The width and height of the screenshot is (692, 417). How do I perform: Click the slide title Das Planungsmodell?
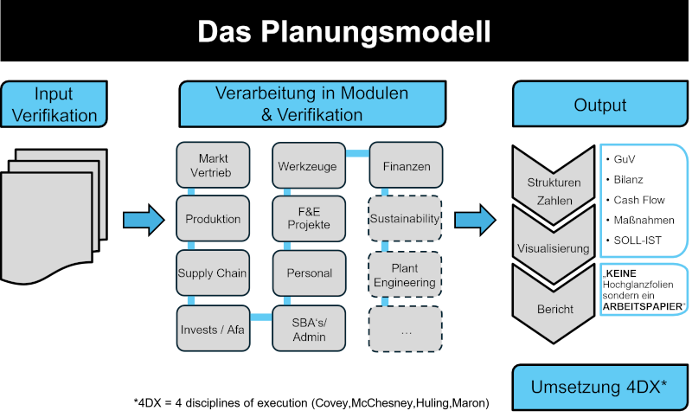point(344,33)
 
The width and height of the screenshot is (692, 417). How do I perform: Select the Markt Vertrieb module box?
point(214,166)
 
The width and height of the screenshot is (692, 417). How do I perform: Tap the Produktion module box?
point(214,220)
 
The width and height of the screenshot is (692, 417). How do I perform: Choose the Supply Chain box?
point(214,273)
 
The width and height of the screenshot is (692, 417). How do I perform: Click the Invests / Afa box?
point(214,329)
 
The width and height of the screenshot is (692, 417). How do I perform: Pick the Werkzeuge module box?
point(309,166)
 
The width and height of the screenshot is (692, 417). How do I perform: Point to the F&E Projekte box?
point(309,220)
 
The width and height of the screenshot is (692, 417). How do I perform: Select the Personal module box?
point(309,273)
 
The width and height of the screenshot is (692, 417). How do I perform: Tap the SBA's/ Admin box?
point(309,329)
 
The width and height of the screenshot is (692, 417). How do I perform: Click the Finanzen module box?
point(406,166)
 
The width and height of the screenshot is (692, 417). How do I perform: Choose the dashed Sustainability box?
point(406,220)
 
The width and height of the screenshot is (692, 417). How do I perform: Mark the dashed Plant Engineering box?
point(406,274)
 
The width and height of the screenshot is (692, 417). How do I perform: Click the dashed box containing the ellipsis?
point(406,329)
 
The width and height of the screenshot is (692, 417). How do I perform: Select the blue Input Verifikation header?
point(54,105)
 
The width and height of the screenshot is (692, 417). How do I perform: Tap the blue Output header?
point(600,105)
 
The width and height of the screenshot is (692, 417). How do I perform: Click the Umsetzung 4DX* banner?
point(600,387)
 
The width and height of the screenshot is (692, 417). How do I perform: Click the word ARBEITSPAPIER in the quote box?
point(643,307)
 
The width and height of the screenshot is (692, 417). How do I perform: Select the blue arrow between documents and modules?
point(143,220)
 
